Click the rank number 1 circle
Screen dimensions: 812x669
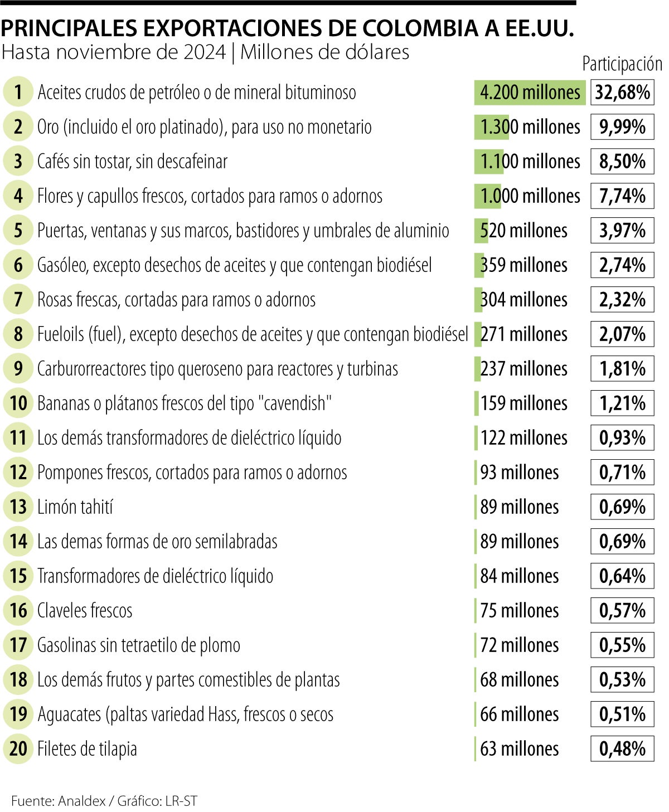coord(18,93)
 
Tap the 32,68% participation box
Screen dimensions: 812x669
coord(622,93)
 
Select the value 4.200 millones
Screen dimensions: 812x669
coord(530,93)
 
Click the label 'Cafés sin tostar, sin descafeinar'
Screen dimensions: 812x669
coord(133,162)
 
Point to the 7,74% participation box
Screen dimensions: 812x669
coord(622,196)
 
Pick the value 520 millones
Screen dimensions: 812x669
coord(523,231)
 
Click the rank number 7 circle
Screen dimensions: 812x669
coord(18,300)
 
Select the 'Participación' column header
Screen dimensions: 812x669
coord(622,64)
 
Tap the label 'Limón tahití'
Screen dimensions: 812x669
coord(75,507)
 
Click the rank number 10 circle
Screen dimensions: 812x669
coord(18,403)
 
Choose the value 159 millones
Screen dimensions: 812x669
coord(523,403)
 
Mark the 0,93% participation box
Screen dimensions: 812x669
coord(622,438)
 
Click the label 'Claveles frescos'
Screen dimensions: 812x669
coord(85,611)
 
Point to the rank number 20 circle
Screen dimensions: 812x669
coord(18,749)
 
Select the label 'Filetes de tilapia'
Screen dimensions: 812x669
coord(87,749)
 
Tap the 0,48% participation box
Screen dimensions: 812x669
coord(622,749)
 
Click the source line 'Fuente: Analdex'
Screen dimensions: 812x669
coord(59,801)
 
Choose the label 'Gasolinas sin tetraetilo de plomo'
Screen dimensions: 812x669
coord(139,645)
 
